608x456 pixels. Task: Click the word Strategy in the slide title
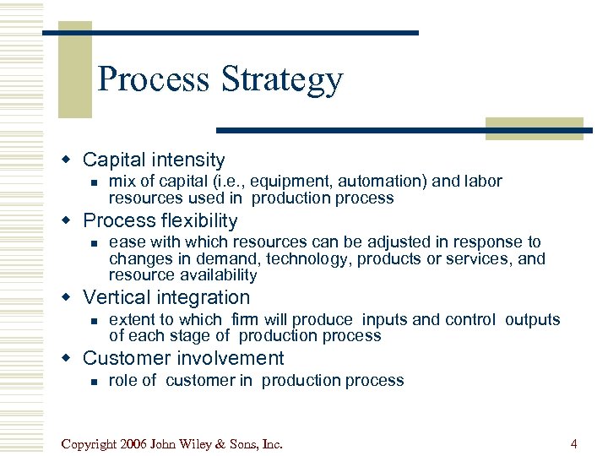(282, 80)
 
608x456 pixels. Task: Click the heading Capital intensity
(154, 160)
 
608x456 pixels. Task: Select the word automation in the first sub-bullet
(364, 182)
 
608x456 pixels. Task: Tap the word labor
(481, 182)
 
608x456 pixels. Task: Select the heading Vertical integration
(166, 297)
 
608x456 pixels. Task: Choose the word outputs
(533, 320)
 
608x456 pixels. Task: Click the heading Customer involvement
(183, 358)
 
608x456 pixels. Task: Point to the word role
(123, 381)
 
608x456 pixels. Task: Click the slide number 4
(573, 444)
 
